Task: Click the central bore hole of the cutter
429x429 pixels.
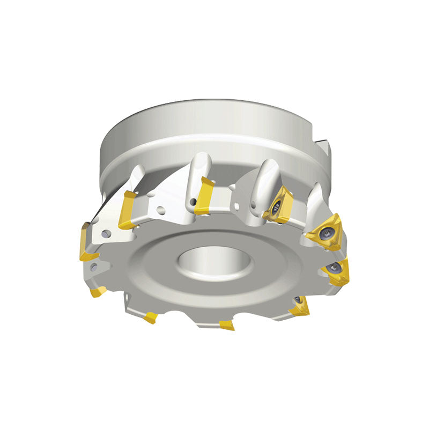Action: point(214,263)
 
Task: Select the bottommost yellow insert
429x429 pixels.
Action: point(227,325)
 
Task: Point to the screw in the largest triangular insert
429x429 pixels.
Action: point(327,233)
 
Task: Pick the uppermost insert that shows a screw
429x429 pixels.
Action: point(279,205)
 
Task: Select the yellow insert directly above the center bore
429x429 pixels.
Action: point(204,196)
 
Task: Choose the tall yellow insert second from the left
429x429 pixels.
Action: point(129,209)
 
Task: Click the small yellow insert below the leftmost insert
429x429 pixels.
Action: point(98,292)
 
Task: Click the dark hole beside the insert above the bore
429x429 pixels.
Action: point(192,202)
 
